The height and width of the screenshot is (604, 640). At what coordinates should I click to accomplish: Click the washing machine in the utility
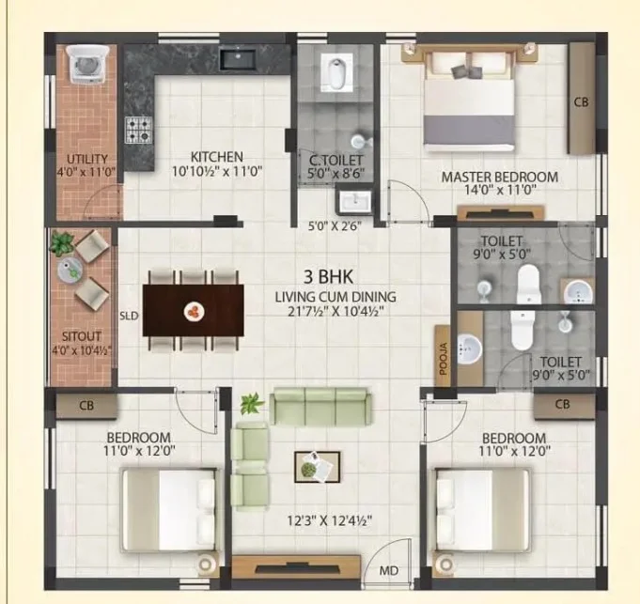88,64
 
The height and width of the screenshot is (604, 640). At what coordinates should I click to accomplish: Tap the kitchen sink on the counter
239,59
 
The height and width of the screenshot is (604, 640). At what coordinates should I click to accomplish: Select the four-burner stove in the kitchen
139,130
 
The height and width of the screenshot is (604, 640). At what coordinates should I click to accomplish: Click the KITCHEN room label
217,157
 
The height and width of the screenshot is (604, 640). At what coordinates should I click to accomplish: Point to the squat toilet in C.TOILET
336,73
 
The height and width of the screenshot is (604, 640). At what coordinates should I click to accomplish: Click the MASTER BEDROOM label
500,178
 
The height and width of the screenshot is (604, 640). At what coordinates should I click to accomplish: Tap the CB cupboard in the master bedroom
581,99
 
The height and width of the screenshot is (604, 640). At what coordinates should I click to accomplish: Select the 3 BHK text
328,277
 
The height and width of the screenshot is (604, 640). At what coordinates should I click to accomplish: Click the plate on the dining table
195,312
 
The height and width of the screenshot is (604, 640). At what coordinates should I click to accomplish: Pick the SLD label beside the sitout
129,316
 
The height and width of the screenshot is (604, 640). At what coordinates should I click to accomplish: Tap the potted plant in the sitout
62,243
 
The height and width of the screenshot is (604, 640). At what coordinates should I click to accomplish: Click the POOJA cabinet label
444,359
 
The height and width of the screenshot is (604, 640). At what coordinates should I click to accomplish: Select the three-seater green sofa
320,406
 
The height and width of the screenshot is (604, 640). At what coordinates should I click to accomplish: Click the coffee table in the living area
318,467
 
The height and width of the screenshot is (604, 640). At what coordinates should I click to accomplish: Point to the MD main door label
388,570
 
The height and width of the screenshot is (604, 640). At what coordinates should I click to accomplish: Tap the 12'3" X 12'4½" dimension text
330,520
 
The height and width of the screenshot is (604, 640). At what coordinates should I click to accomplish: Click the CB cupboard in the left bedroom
86,406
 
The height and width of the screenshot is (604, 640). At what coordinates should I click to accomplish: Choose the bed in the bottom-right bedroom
483,510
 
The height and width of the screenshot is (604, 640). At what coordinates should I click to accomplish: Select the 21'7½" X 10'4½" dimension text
336,312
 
